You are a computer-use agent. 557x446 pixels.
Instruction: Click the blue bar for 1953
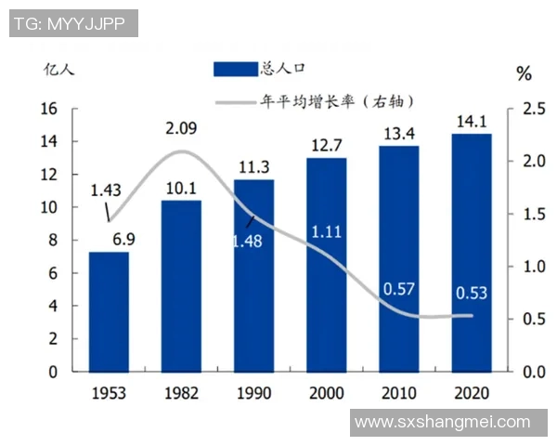coord(109,311)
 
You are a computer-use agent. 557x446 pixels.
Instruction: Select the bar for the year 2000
coord(326,265)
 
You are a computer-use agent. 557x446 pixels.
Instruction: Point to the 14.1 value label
coord(471,121)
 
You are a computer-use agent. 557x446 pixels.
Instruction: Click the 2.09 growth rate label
coord(182,128)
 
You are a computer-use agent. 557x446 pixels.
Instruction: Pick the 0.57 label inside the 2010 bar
coord(398,289)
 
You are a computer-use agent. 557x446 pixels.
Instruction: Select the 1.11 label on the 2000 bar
coord(327,230)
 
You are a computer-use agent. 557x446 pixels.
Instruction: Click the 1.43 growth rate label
coord(106,190)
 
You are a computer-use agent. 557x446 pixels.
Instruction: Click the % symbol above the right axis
coord(524,72)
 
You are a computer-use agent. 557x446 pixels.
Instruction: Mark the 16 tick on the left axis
coord(49,109)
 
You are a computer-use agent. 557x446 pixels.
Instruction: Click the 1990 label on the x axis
coord(253,392)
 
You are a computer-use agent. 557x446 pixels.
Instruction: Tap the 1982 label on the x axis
coord(181,392)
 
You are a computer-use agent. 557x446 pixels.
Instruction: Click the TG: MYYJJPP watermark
coord(73,23)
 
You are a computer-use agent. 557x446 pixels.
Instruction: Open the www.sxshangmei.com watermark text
coord(443,422)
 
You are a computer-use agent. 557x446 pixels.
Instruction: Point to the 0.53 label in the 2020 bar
coord(472,294)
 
